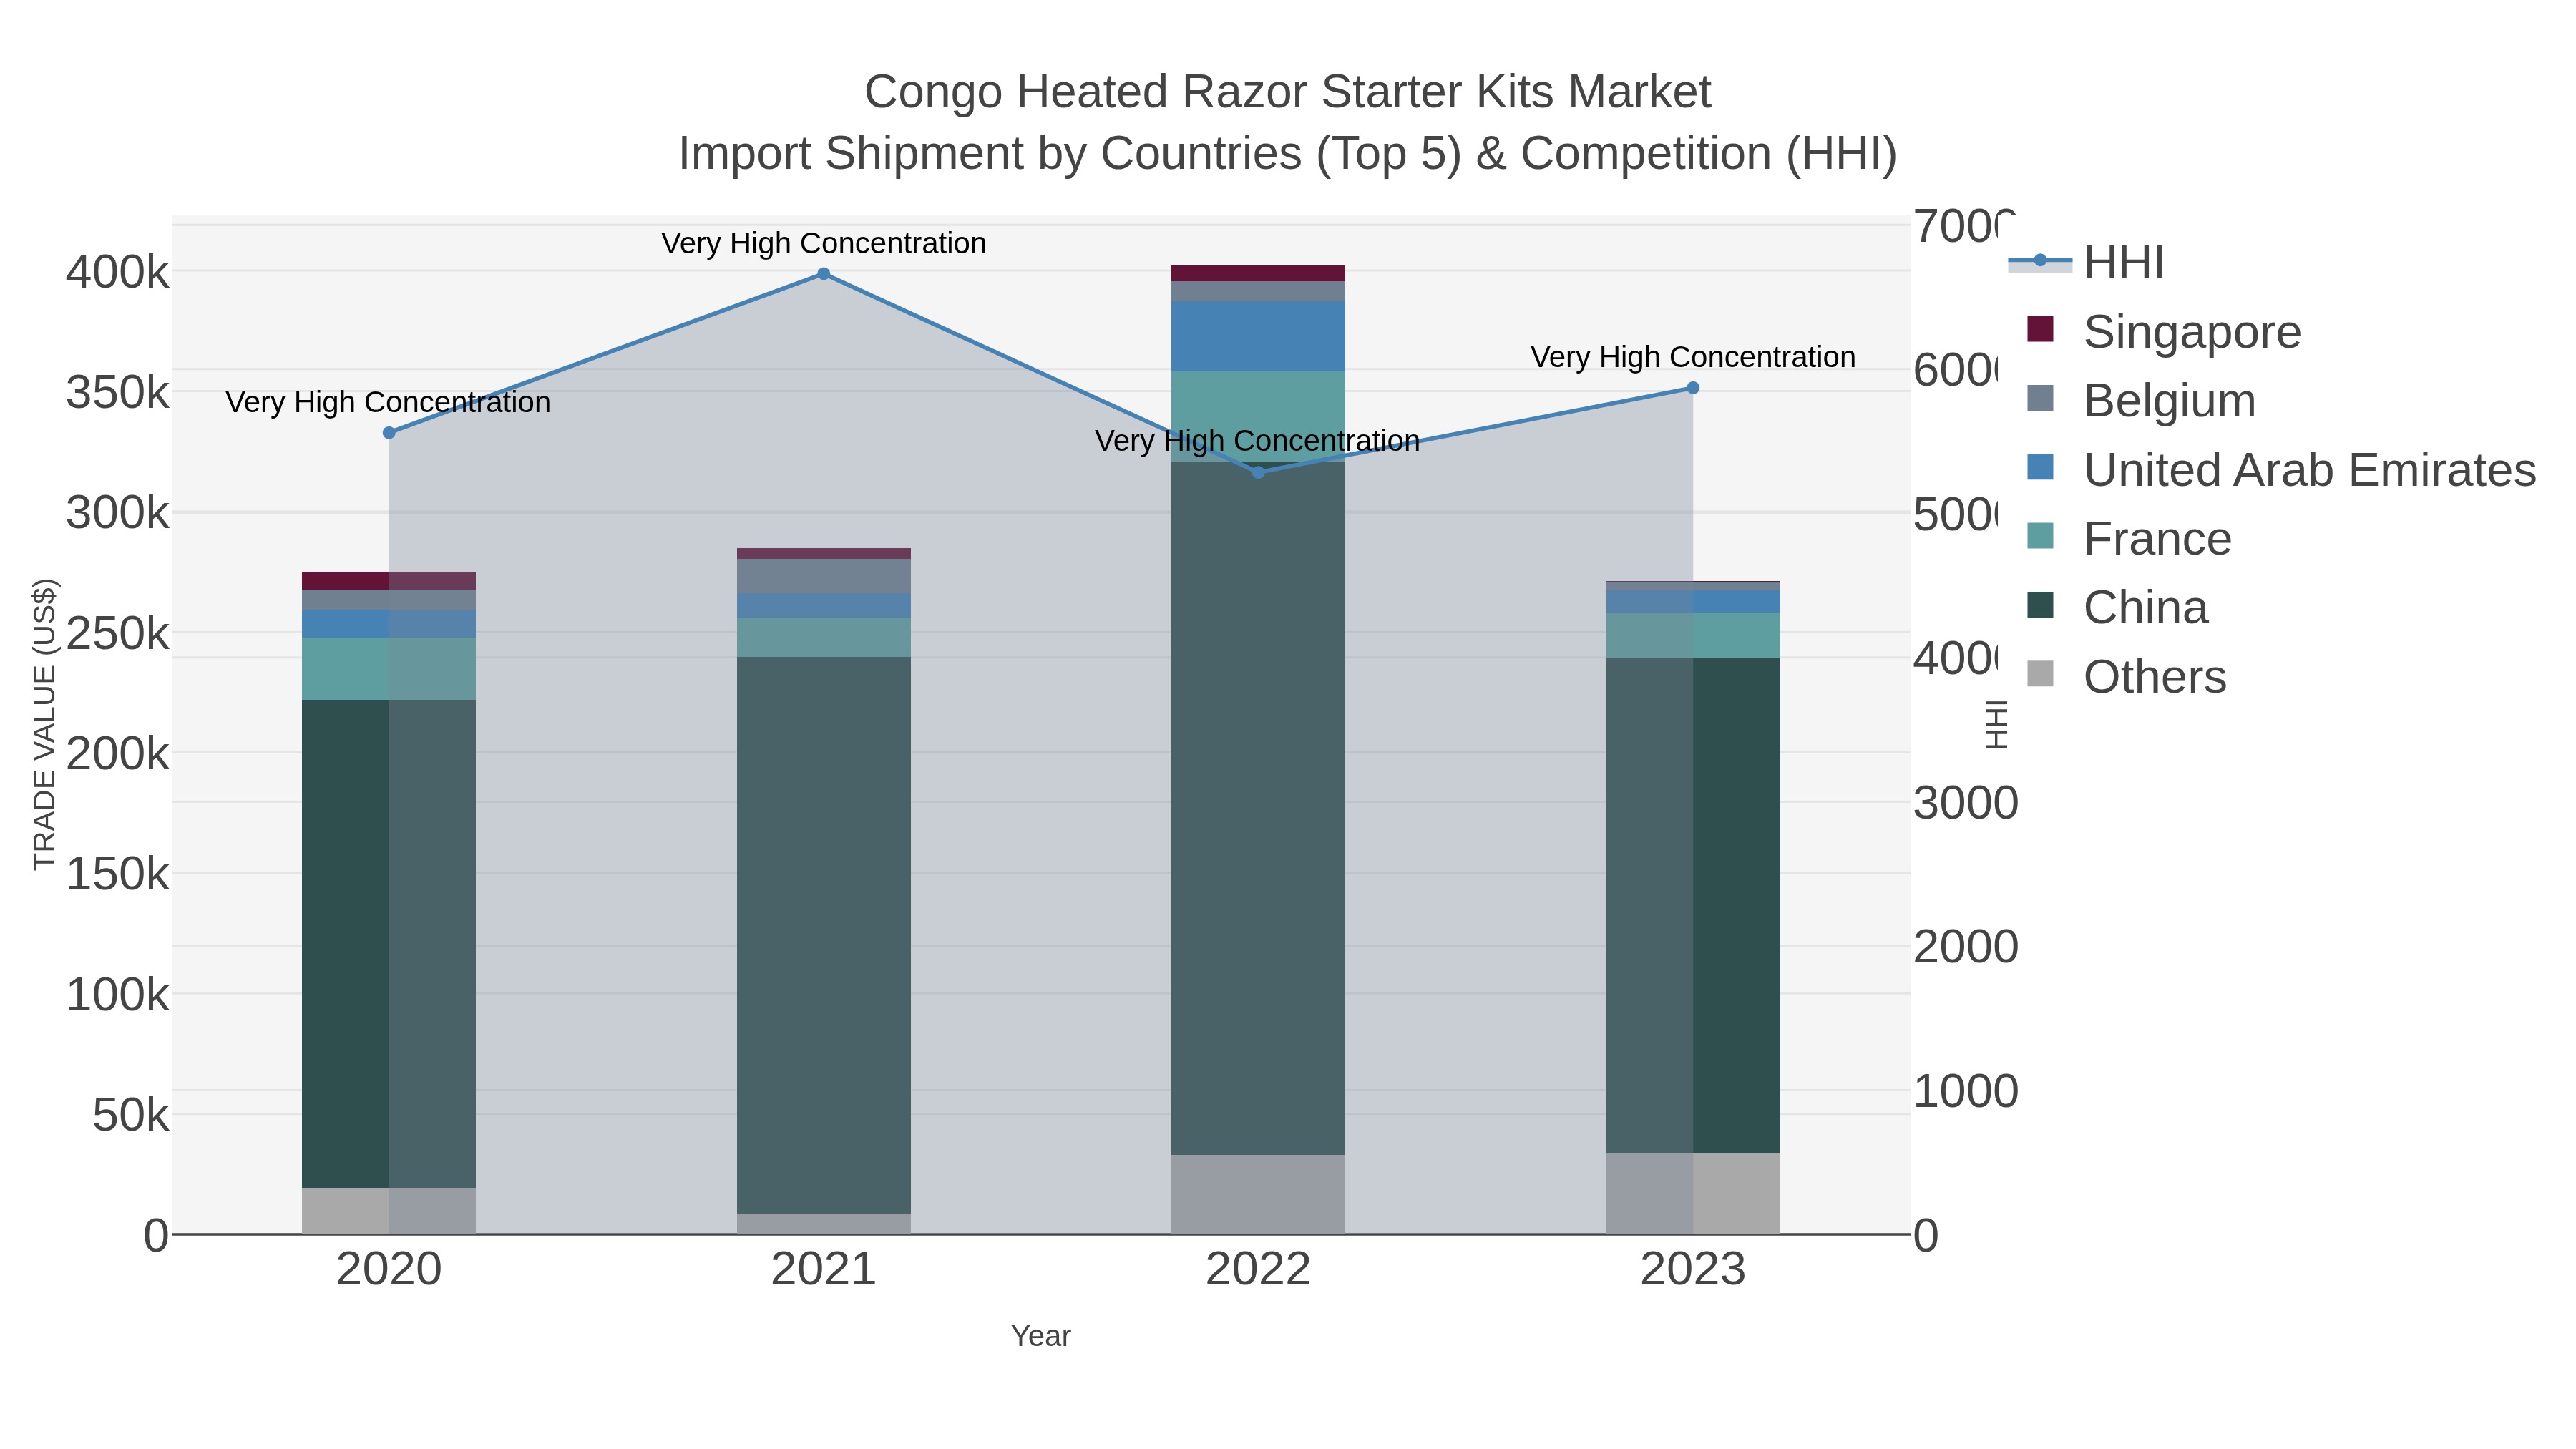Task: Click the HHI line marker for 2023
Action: pos(1692,388)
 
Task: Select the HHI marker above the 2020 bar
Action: pos(389,433)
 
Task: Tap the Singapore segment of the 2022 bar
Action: pos(1257,273)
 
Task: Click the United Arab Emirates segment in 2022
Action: pos(1257,336)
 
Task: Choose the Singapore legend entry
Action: pos(2191,332)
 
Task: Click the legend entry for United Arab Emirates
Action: pos(2308,470)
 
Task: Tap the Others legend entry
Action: pos(2154,677)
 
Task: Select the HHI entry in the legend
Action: pos(2123,263)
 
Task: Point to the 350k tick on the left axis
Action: pos(117,393)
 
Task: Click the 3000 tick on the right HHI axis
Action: pos(1964,804)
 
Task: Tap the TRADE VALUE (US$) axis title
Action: pos(45,724)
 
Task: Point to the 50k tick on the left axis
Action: pos(130,1115)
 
